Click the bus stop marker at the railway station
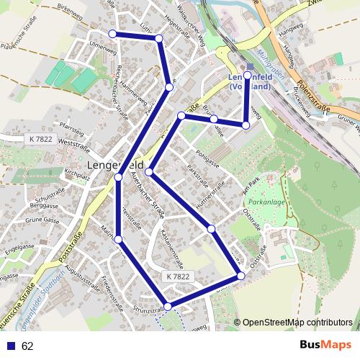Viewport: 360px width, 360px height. (x=248, y=75)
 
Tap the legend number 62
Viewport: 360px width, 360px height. (x=28, y=346)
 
